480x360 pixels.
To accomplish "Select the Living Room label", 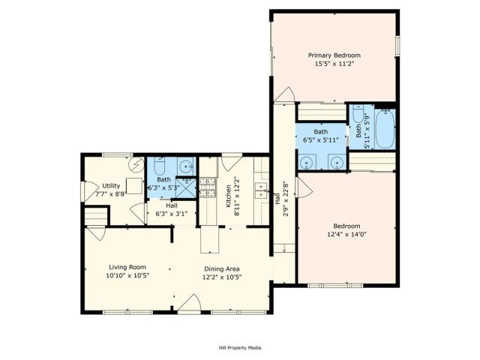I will point(127,267).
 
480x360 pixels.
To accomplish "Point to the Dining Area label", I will point(222,268).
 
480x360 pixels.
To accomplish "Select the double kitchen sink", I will point(262,190).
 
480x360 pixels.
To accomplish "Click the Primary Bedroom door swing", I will point(285,96).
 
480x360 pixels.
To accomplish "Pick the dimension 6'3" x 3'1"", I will point(172,214).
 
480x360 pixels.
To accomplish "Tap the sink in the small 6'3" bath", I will point(184,164).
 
